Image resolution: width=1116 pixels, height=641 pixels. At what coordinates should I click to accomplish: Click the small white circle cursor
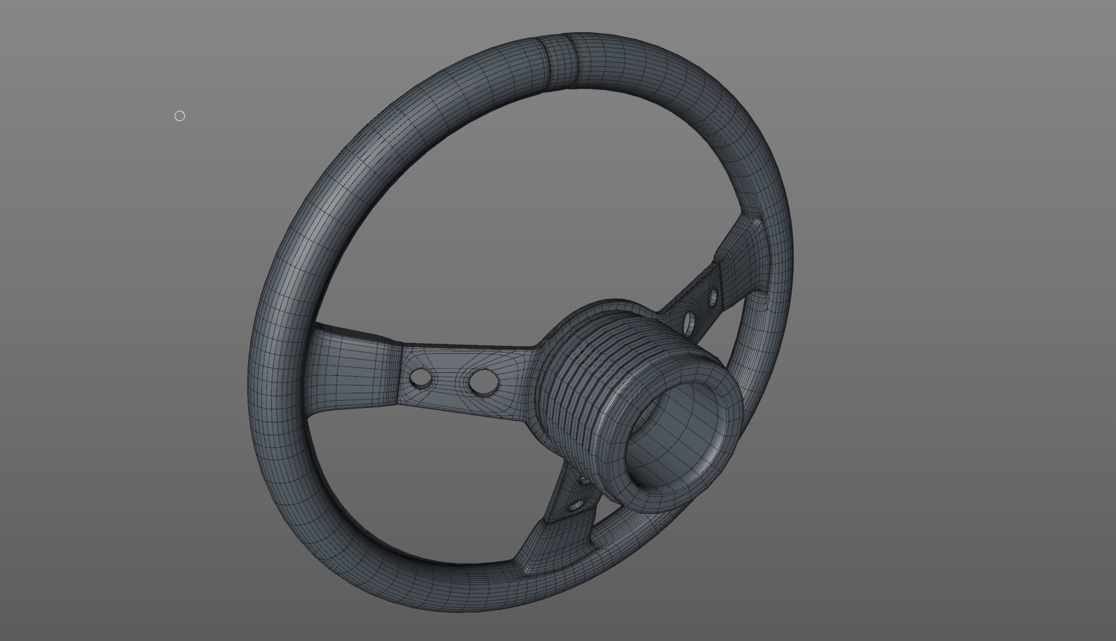[x=179, y=116]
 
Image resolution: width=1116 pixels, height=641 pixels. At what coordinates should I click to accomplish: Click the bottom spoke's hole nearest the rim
[x=576, y=506]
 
